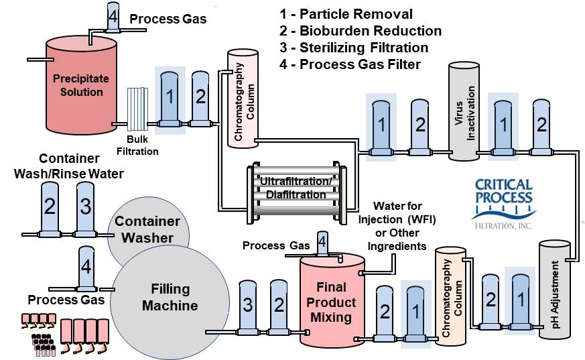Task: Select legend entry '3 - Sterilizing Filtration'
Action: [x=354, y=48]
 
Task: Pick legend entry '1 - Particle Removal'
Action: [x=346, y=14]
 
